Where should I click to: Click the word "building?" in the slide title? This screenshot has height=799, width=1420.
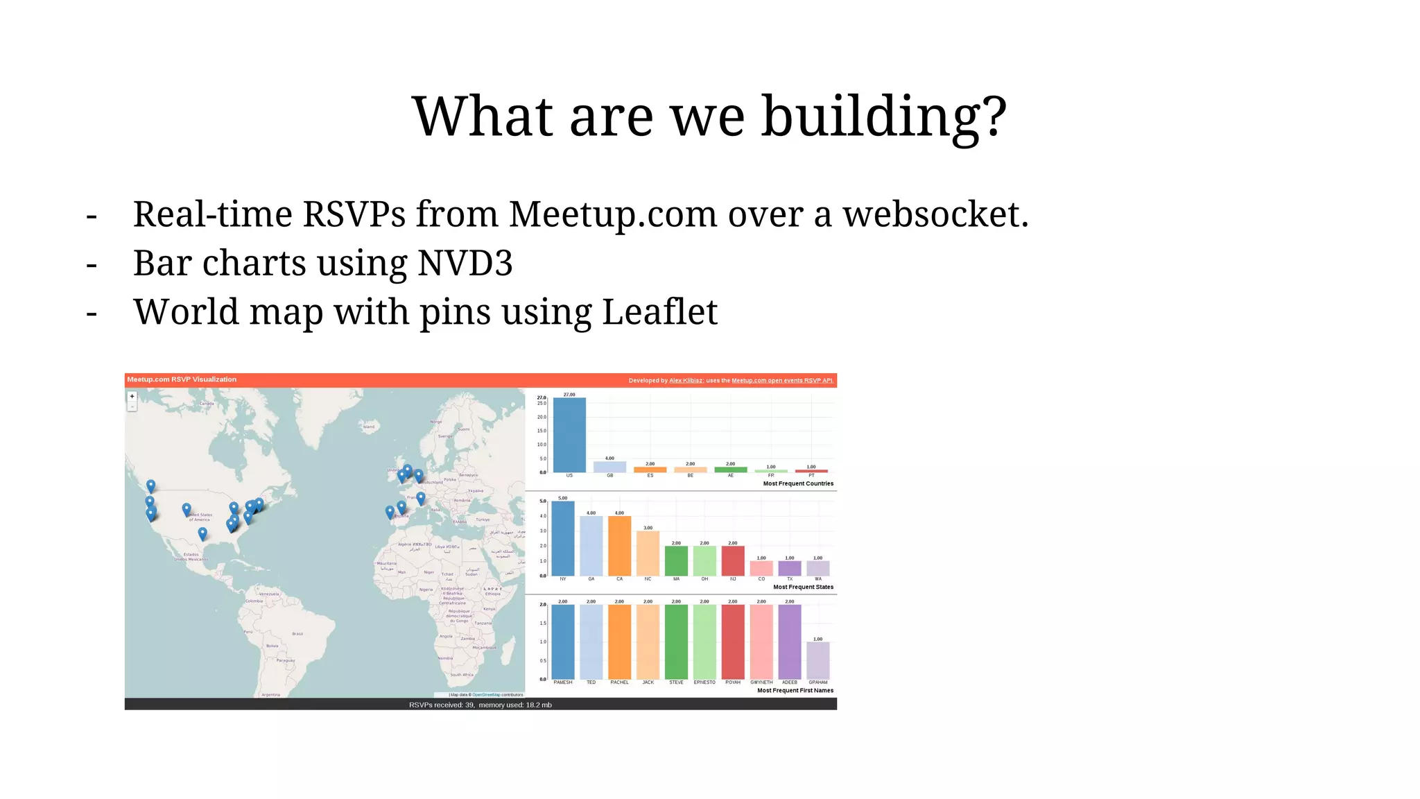coord(884,117)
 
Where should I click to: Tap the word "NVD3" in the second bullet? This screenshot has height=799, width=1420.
coord(465,264)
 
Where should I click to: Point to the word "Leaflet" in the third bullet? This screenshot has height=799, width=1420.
coord(659,312)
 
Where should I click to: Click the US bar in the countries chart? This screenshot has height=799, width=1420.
coord(569,435)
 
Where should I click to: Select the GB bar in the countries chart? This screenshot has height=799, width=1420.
coord(609,467)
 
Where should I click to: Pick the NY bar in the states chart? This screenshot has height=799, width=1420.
coord(563,538)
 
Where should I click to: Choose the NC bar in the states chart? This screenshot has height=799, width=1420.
coord(648,553)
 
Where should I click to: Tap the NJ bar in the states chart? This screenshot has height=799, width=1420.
coord(733,560)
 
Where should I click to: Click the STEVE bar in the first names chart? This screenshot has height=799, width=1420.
coord(676,642)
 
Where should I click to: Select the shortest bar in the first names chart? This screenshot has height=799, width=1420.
coord(818,660)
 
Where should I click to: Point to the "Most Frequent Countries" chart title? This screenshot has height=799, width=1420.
coord(798,484)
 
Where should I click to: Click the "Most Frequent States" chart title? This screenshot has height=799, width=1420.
coord(803,587)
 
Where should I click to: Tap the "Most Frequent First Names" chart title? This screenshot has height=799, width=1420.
coord(795,691)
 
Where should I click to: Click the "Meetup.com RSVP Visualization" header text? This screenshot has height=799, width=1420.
coord(182,379)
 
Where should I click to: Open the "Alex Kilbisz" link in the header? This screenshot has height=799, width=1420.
coord(686,381)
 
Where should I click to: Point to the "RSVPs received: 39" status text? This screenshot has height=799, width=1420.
coord(442,705)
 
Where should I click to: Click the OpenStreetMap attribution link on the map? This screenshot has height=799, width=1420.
coord(486,694)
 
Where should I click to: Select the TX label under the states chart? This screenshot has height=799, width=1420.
coord(790,579)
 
